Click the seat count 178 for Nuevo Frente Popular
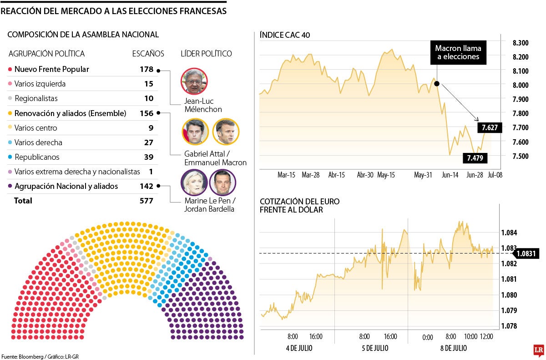(147, 69)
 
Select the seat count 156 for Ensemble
(147, 113)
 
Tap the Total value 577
(147, 201)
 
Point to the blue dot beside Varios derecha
(10, 142)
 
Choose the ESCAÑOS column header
(148, 54)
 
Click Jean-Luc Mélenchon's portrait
(194, 81)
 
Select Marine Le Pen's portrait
(194, 183)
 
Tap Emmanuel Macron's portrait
(226, 132)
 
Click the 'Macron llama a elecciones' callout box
(458, 52)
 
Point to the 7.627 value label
(490, 128)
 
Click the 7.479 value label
(475, 158)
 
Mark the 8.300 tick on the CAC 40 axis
(520, 43)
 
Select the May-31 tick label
(423, 174)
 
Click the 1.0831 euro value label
(528, 254)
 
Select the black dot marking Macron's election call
(437, 84)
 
